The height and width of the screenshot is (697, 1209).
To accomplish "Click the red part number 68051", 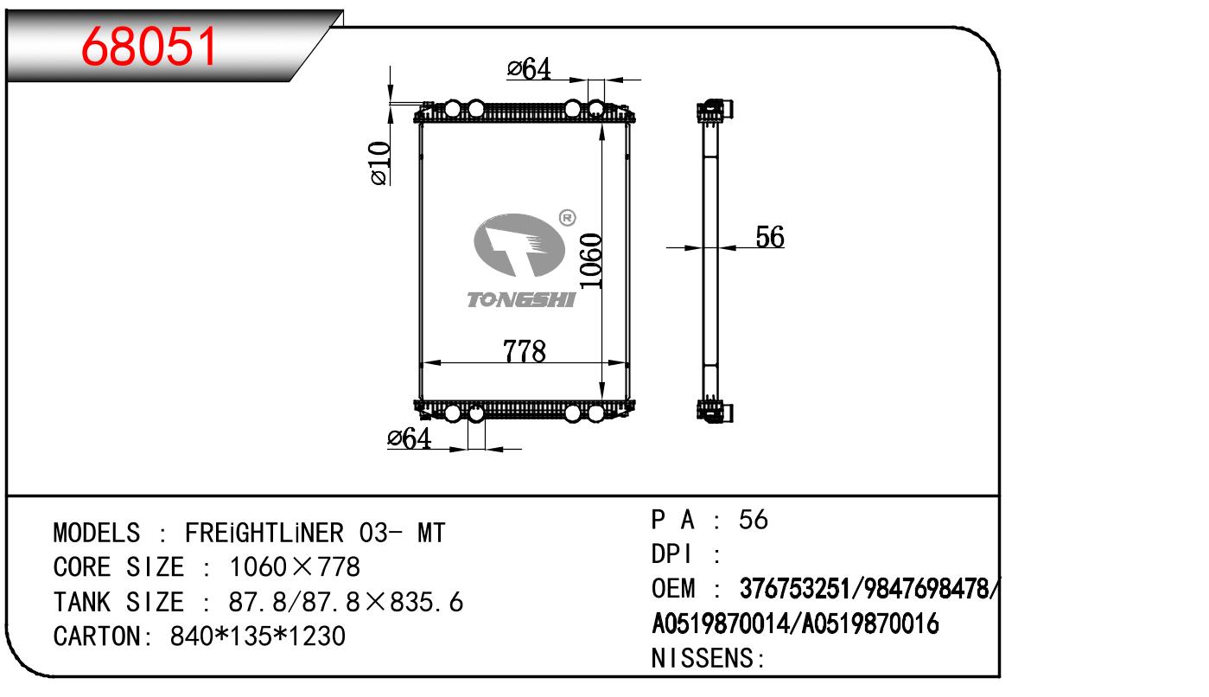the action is (149, 47).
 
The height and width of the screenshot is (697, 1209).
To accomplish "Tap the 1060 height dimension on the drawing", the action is (590, 261).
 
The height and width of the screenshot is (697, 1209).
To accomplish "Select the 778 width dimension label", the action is (524, 351).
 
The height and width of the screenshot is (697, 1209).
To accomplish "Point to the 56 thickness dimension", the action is (770, 237).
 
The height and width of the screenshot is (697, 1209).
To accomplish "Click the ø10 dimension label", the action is (379, 163).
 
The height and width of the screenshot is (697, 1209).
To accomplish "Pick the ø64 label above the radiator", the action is (529, 69).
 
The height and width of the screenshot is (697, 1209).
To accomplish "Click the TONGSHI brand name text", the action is (521, 299).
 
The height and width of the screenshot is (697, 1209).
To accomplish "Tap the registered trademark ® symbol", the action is (567, 218).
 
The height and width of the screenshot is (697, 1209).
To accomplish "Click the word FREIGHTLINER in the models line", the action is (264, 533).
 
